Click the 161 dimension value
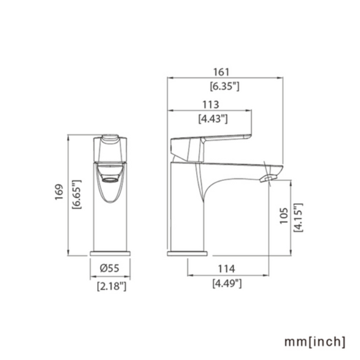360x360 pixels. pos(221,72)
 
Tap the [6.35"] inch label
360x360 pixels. pos(225,86)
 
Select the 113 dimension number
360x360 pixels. pos(211,104)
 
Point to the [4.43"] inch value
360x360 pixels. pos(213,119)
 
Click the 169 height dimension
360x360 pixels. pos(59,192)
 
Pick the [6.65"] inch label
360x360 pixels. pos(77,195)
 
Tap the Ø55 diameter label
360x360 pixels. pos(109,268)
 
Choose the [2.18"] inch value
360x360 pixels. pos(112,286)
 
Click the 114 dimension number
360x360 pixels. pos(226,269)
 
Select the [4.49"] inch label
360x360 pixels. pos(227,284)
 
